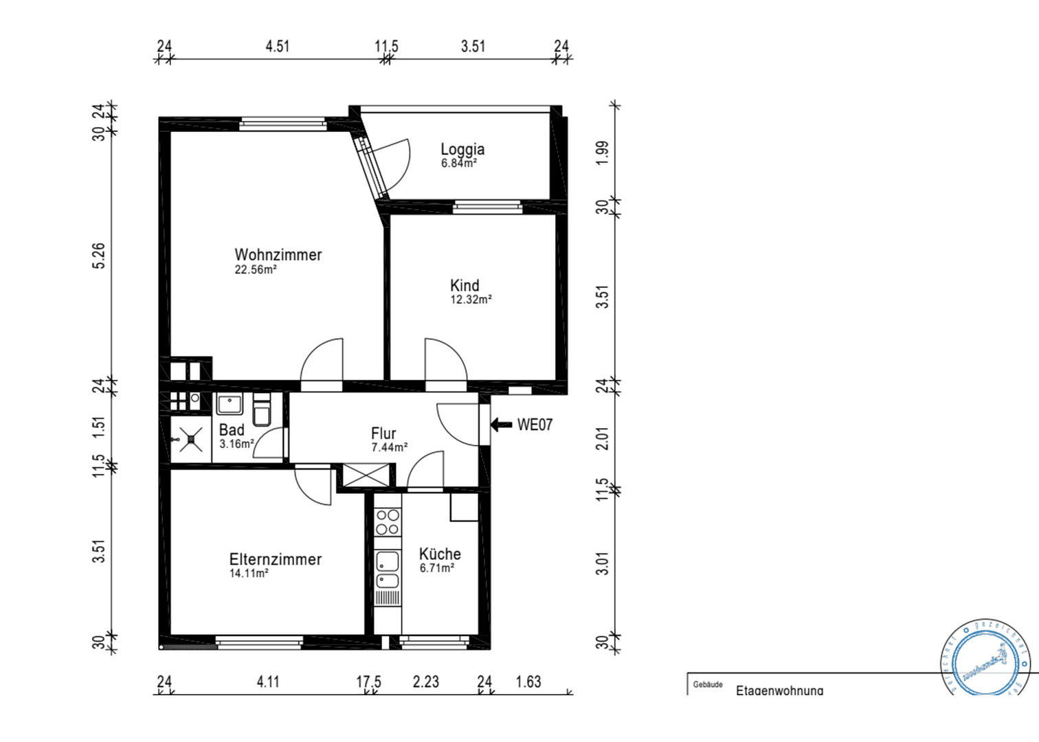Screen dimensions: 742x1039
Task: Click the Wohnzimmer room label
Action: [278, 255]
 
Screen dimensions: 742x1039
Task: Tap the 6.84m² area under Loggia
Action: [458, 164]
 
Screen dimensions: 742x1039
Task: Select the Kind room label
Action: [465, 285]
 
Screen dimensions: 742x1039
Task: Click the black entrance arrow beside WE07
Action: [501, 425]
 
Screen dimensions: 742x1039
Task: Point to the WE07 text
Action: [535, 425]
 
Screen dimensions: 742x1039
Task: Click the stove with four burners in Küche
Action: [388, 521]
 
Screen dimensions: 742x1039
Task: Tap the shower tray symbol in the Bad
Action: [190, 439]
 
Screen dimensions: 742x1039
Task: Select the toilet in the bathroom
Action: [262, 411]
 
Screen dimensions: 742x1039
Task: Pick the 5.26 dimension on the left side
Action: [99, 256]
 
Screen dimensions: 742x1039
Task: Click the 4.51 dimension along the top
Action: [278, 46]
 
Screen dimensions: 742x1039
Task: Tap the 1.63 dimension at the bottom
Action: [528, 682]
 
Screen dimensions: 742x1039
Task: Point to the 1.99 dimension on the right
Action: [602, 153]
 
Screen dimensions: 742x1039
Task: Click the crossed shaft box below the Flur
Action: [365, 475]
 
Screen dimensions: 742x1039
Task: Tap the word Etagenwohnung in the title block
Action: [779, 690]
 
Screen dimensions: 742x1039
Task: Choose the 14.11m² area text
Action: [249, 573]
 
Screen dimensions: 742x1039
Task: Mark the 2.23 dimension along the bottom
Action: [426, 682]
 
